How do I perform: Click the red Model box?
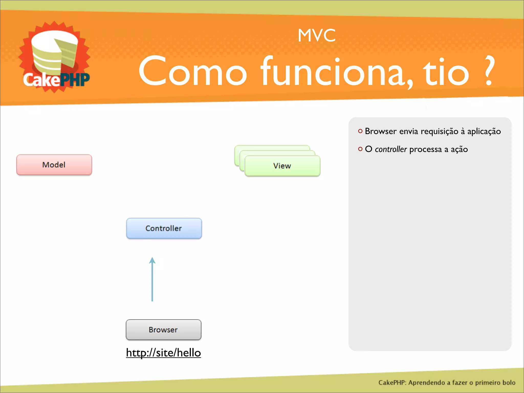pyautogui.click(x=54, y=165)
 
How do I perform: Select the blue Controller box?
pyautogui.click(x=164, y=228)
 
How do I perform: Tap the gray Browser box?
pyautogui.click(x=163, y=330)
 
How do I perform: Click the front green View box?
pyautogui.click(x=282, y=166)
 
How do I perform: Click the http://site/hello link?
pyautogui.click(x=163, y=353)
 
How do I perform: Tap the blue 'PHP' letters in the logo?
pyautogui.click(x=75, y=80)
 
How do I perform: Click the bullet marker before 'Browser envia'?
pyautogui.click(x=360, y=131)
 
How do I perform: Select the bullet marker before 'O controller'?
pyautogui.click(x=360, y=149)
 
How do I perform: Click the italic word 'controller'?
pyautogui.click(x=391, y=149)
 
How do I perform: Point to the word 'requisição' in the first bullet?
pyautogui.click(x=439, y=132)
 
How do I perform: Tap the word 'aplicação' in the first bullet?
pyautogui.click(x=484, y=132)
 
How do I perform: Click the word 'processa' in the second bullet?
pyautogui.click(x=425, y=149)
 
